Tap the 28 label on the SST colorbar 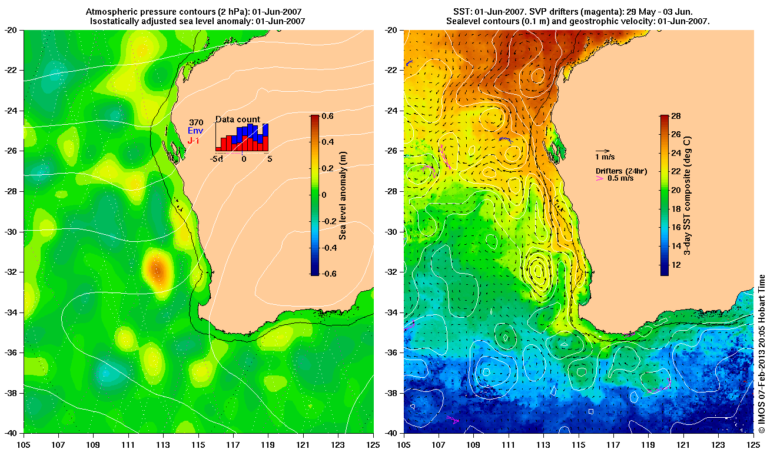[x=677, y=117]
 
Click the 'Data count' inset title [x=237, y=119]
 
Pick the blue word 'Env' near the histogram [x=195, y=131]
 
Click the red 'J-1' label [x=194, y=141]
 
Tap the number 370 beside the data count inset [x=196, y=122]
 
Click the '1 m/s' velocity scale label [x=606, y=157]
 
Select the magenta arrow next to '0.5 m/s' [x=600, y=178]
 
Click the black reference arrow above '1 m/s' [x=602, y=151]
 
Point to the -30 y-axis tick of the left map [x=13, y=231]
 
